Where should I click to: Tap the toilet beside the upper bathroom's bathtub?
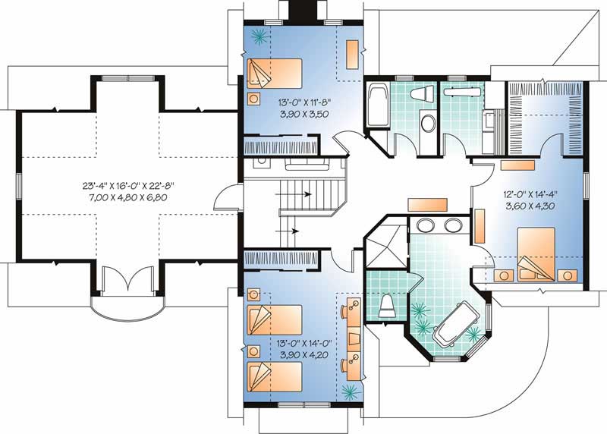click(421, 94)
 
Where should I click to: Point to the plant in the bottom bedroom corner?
click(350, 392)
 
